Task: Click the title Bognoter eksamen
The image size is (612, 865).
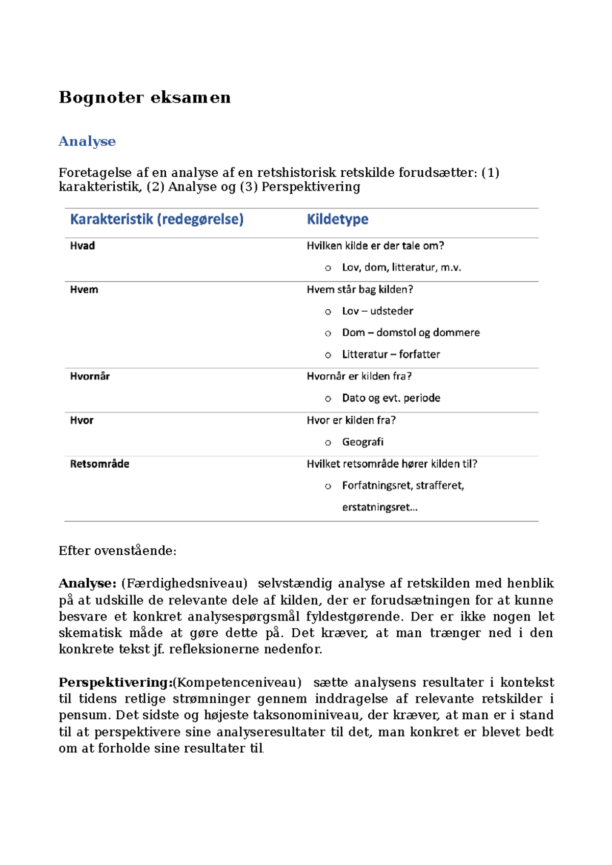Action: point(144,97)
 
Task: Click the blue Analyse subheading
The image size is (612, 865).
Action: point(87,141)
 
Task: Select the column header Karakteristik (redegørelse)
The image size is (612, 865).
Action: point(157,219)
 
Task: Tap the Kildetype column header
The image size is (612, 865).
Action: point(337,219)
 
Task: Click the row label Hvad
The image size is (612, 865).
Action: point(82,246)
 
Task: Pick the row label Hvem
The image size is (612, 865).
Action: point(84,289)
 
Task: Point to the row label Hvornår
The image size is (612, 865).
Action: point(90,376)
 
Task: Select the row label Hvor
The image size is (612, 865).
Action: point(82,420)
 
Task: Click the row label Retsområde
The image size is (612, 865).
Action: point(99,464)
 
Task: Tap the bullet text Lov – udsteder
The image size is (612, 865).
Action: point(377,311)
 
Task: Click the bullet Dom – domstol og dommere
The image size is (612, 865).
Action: point(411,333)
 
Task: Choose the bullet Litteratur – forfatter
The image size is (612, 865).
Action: point(391,354)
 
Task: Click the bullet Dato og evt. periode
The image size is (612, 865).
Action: point(391,398)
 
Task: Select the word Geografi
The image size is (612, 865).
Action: point(363,442)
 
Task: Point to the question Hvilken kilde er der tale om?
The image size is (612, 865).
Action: point(375,246)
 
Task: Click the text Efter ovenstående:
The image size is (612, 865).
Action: point(117,551)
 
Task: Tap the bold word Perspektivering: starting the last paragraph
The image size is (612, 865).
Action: point(115,682)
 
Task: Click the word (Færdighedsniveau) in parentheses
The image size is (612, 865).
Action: point(184,583)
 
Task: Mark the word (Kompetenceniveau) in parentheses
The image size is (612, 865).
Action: point(237,682)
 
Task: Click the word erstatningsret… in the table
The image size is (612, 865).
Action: point(379,507)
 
